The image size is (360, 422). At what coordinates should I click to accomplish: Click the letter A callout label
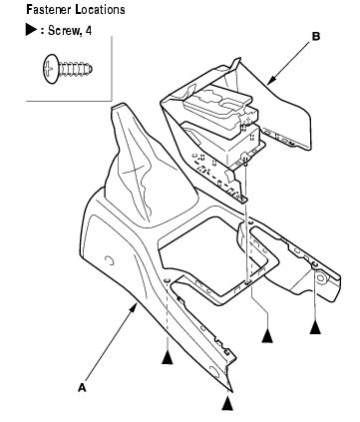(x=82, y=387)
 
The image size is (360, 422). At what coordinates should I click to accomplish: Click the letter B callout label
(x=316, y=36)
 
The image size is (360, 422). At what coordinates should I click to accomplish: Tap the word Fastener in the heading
(x=48, y=10)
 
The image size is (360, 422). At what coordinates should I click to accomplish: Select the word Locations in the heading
(x=101, y=10)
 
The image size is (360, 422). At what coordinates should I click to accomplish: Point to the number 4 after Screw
(x=88, y=31)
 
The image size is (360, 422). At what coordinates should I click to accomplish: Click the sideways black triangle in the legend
(x=31, y=30)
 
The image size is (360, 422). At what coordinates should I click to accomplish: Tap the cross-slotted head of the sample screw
(x=50, y=69)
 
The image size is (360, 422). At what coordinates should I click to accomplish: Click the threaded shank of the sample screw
(x=76, y=70)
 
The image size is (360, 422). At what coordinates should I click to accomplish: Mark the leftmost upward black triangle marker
(x=168, y=358)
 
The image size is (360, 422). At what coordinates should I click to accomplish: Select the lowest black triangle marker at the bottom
(x=227, y=404)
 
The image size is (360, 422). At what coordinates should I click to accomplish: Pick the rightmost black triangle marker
(x=315, y=328)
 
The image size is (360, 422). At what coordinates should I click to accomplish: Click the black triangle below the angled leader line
(x=267, y=336)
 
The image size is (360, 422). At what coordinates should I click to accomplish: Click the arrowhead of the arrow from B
(x=271, y=80)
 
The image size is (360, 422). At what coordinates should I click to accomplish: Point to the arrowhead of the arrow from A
(x=134, y=307)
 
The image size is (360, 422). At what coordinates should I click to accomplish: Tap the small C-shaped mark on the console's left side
(x=109, y=261)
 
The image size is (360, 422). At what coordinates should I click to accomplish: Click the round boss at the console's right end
(x=321, y=278)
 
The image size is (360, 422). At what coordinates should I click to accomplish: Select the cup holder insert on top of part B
(x=221, y=105)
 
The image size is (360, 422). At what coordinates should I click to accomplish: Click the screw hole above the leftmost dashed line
(x=168, y=279)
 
